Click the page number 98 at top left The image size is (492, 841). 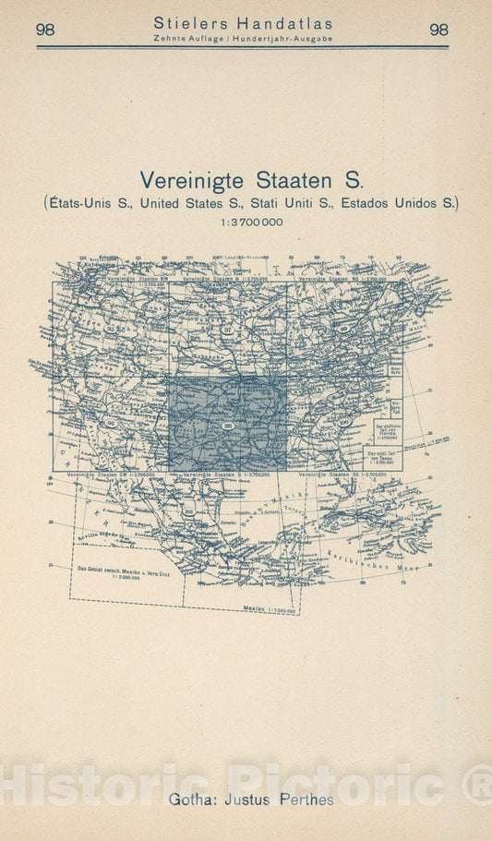pyautogui.click(x=45, y=30)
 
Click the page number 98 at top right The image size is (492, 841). pyautogui.click(x=439, y=30)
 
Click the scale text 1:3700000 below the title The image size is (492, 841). pyautogui.click(x=246, y=222)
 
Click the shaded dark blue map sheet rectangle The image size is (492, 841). pyautogui.click(x=227, y=423)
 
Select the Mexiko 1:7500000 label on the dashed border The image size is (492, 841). pyautogui.click(x=269, y=610)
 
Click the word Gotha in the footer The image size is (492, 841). pyautogui.click(x=189, y=799)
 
